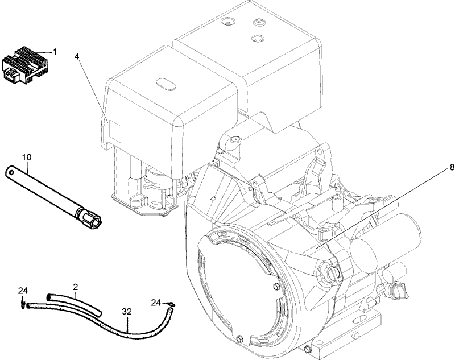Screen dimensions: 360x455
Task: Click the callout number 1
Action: pos(55,51)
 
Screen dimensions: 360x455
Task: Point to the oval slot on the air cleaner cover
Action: pos(165,85)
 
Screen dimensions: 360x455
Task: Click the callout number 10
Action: pos(27,156)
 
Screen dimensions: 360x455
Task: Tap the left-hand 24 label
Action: pos(22,291)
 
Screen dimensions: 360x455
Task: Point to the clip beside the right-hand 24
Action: pos(171,305)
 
